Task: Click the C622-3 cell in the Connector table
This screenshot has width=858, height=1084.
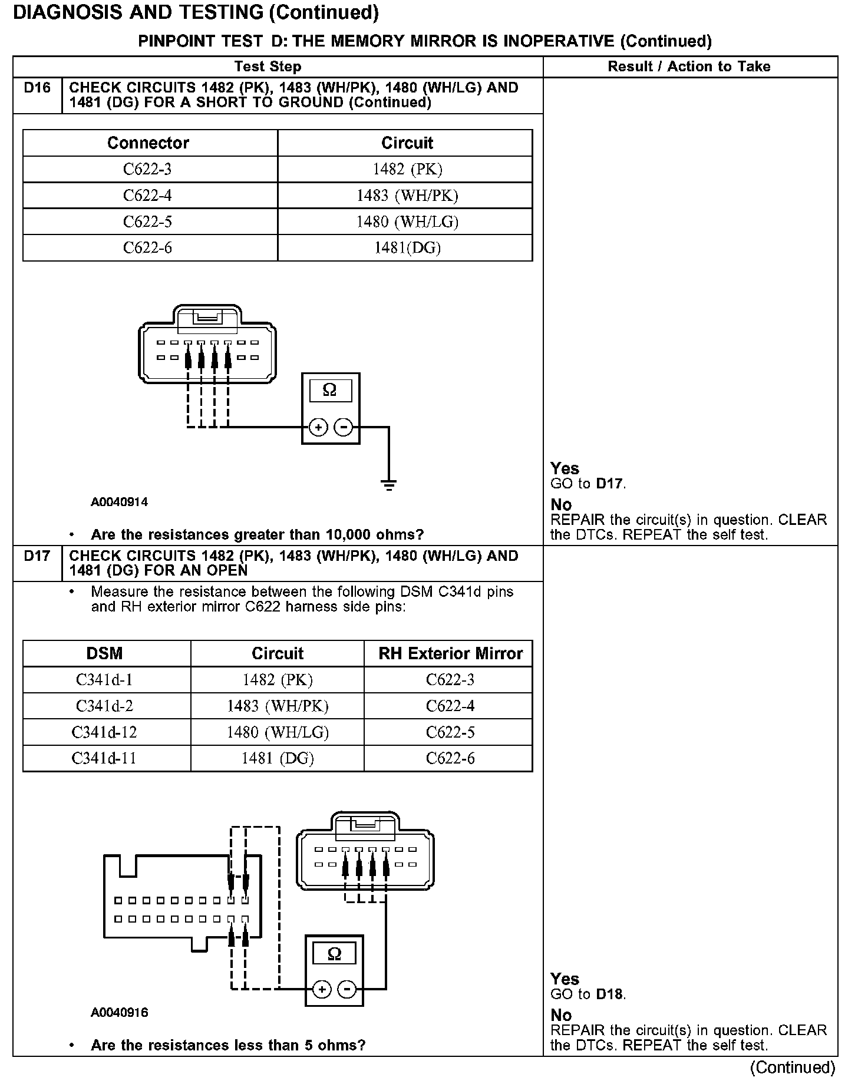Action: [x=147, y=170]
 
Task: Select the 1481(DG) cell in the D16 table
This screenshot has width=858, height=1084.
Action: [x=407, y=248]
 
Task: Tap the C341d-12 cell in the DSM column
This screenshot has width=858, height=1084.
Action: [x=104, y=732]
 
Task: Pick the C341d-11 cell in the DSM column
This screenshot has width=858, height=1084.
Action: [x=104, y=758]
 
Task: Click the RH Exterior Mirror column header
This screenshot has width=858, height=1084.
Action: [x=450, y=653]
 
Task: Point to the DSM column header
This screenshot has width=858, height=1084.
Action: [x=104, y=653]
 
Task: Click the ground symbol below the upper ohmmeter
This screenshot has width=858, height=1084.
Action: [x=388, y=485]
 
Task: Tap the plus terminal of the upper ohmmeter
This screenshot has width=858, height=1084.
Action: [x=318, y=427]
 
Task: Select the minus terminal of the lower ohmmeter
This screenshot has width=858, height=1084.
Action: [x=348, y=989]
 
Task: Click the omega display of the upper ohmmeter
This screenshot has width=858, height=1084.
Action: [x=330, y=390]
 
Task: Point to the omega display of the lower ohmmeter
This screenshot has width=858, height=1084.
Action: [x=334, y=954]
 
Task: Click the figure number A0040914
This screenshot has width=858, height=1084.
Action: [x=119, y=503]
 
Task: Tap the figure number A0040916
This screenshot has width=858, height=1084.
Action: [x=119, y=1013]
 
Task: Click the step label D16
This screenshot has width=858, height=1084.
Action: [x=37, y=88]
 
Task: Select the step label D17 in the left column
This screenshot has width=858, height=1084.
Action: [x=37, y=556]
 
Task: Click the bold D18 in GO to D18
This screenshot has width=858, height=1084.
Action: [x=609, y=994]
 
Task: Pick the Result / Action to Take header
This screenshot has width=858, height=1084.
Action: [x=689, y=67]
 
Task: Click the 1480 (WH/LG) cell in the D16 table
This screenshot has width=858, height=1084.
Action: [x=407, y=222]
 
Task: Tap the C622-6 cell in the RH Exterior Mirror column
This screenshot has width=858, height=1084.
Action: [x=450, y=758]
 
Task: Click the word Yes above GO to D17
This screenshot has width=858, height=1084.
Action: [x=565, y=468]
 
